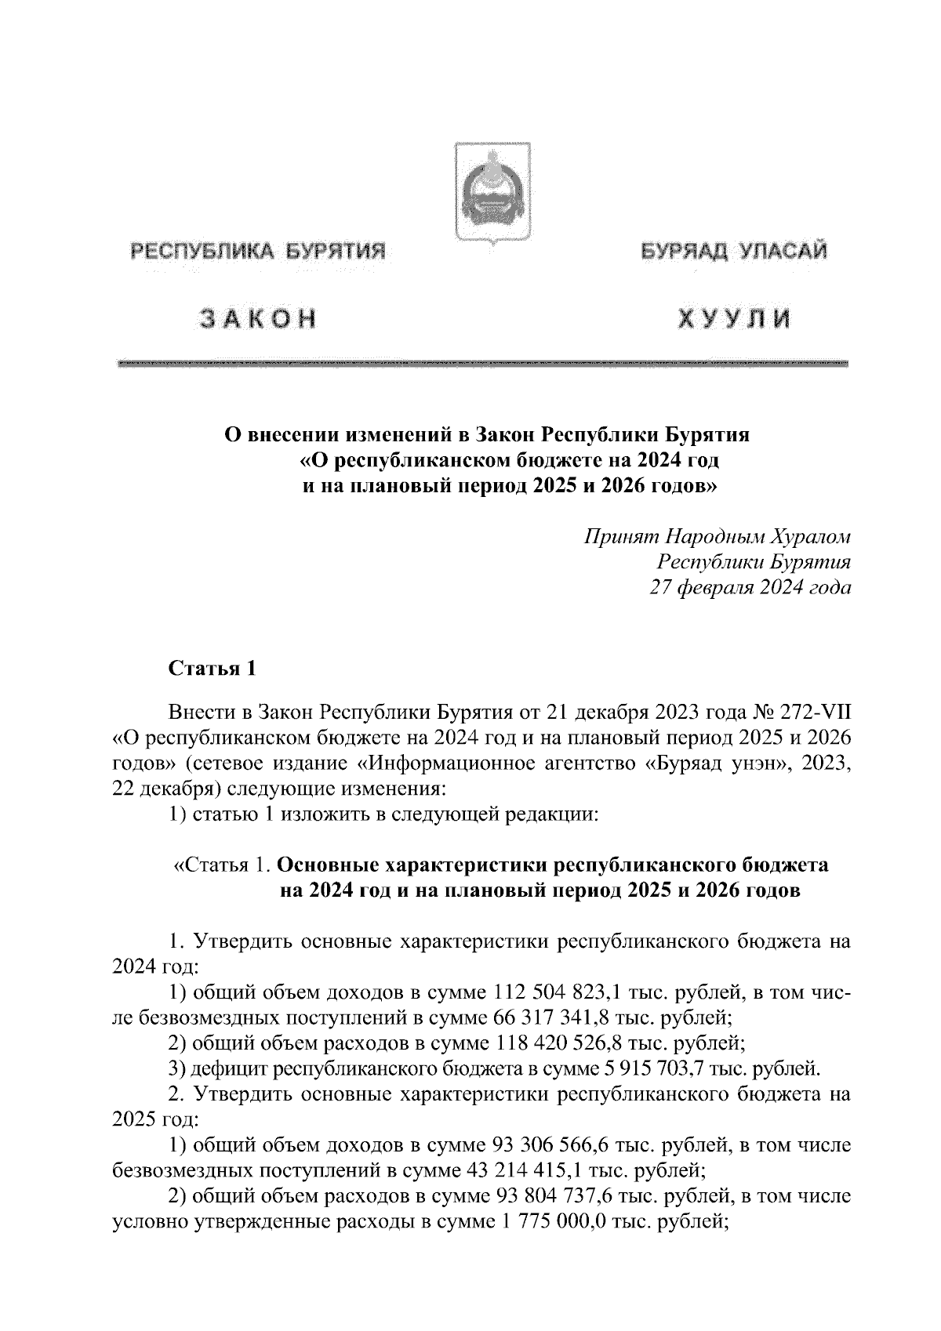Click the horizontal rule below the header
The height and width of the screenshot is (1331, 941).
coord(482,364)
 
